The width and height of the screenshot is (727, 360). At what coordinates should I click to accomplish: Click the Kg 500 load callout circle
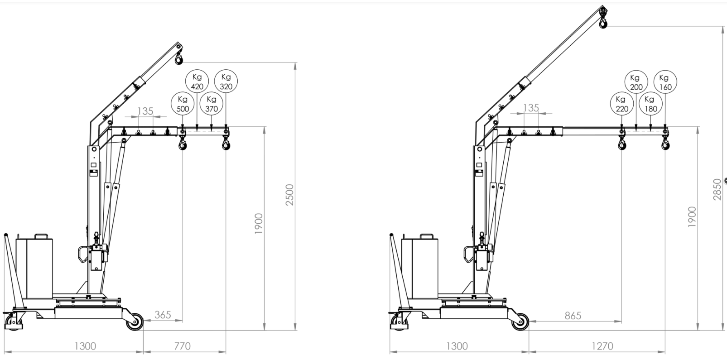[x=183, y=104]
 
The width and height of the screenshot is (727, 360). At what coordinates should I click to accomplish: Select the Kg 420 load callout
[x=197, y=82]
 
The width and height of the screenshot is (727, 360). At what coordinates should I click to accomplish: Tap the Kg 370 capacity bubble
[x=212, y=104]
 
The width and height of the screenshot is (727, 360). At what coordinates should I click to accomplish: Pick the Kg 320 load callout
[x=226, y=82]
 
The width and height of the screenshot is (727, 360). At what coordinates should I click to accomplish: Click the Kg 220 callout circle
[x=621, y=104]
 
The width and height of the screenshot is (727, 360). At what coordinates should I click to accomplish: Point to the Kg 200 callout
[x=636, y=82]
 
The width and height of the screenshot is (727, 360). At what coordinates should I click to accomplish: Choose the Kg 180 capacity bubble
[x=650, y=104]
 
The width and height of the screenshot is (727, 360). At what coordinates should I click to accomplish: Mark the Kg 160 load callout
[x=665, y=82]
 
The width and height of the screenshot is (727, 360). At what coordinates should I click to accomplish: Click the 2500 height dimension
[x=290, y=194]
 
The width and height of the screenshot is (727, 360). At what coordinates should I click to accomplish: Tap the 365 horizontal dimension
[x=163, y=314]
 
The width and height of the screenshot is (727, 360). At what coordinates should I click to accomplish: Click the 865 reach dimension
[x=573, y=315]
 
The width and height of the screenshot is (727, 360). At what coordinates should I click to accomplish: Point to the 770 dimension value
[x=182, y=346]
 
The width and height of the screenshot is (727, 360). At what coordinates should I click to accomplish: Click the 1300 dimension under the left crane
[x=85, y=346]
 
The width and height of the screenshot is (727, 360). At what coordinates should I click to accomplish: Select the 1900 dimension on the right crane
[x=692, y=217]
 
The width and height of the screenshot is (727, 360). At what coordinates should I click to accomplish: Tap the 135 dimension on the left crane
[x=145, y=111]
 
